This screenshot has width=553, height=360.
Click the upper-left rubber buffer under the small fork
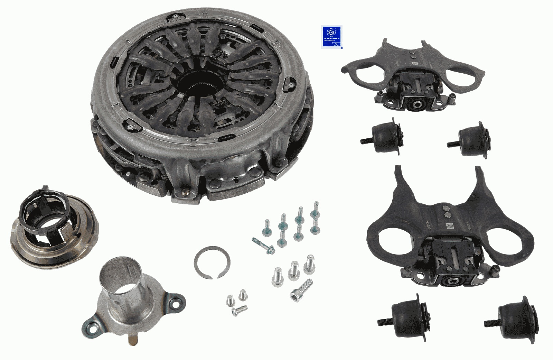pyautogui.click(x=384, y=137)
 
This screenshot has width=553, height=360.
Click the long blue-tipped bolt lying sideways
pyautogui.click(x=263, y=246)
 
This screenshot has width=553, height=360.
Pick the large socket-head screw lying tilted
pyautogui.click(x=302, y=290)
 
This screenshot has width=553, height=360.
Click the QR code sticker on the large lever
pyautogui.click(x=450, y=227)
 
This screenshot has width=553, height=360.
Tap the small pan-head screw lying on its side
pyautogui.click(x=240, y=310)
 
